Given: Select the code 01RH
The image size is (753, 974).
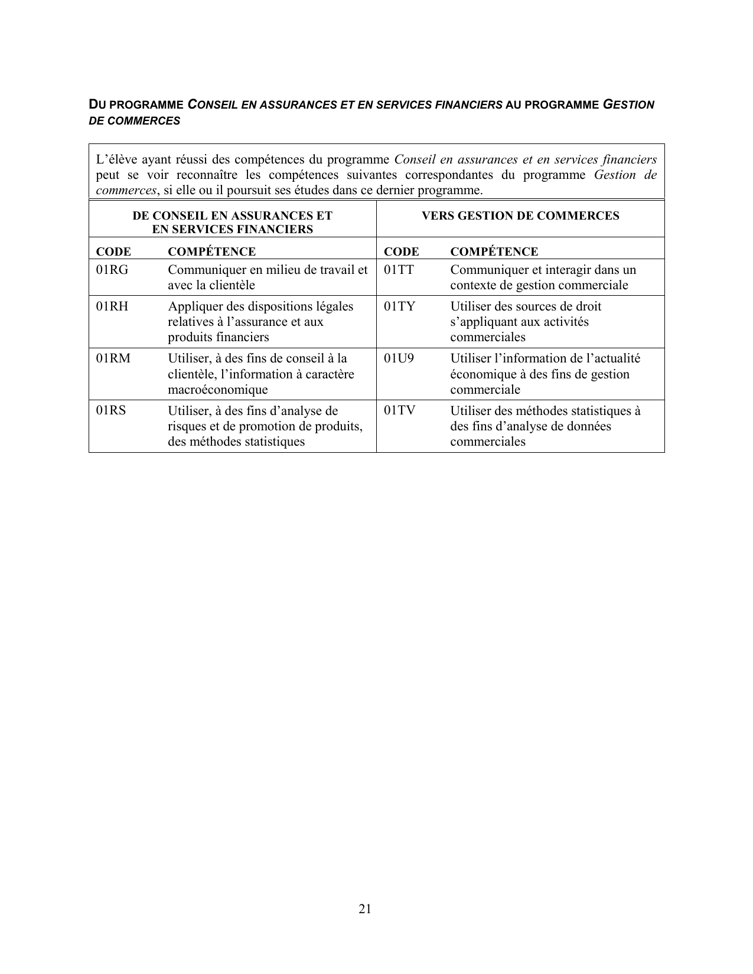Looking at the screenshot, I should pyautogui.click(x=112, y=306).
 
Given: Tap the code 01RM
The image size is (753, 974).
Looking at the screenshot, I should pyautogui.click(x=113, y=358).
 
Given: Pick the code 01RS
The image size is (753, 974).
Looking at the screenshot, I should pyautogui.click(x=111, y=410).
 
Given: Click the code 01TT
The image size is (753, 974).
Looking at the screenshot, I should pyautogui.click(x=399, y=270).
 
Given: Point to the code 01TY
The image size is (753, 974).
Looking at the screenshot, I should pyautogui.click(x=399, y=306).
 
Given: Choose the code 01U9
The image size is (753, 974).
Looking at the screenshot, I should pyautogui.click(x=399, y=358).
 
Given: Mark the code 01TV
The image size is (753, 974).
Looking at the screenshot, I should pyautogui.click(x=399, y=410).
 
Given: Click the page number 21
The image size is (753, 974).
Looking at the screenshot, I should pyautogui.click(x=365, y=909).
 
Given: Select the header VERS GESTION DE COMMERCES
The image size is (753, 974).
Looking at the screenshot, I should pyautogui.click(x=520, y=215).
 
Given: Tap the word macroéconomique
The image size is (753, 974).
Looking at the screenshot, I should pyautogui.click(x=218, y=390).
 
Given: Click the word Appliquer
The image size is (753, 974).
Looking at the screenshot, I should pyautogui.click(x=193, y=306).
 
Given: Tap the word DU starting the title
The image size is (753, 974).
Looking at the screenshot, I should pyautogui.click(x=96, y=105).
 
